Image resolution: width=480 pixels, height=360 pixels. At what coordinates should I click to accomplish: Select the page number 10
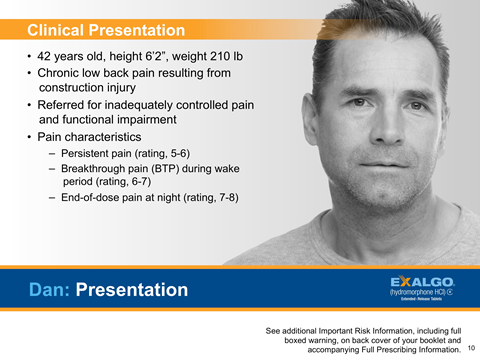tap(470, 349)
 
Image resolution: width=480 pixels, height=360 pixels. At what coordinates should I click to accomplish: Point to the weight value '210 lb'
tap(222, 55)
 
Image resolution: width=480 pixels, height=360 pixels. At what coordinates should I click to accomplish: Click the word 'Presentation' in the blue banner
tap(132, 290)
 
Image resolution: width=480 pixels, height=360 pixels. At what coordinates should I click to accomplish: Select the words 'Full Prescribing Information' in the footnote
tap(397, 349)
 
